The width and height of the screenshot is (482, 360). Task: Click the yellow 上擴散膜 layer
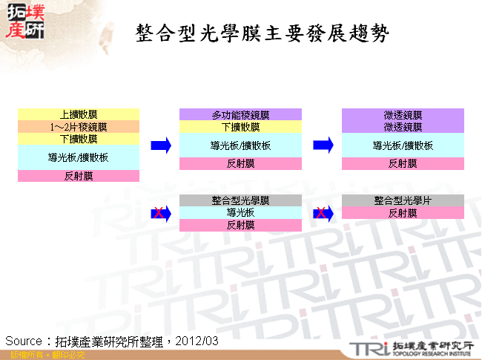(x=79, y=114)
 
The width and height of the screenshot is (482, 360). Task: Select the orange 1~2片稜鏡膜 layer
(x=79, y=127)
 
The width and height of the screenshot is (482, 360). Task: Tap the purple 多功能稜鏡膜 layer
(x=240, y=114)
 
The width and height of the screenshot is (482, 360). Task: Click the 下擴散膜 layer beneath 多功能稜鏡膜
(x=240, y=127)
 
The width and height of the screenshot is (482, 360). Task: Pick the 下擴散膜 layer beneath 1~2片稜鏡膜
(x=79, y=139)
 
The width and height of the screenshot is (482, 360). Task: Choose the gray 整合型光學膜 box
(x=240, y=200)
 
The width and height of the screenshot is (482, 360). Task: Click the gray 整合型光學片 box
(x=403, y=200)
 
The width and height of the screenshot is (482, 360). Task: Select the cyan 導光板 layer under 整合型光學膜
(x=240, y=213)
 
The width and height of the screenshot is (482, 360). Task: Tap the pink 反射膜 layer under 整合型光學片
(x=403, y=213)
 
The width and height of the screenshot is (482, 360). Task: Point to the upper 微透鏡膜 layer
(x=403, y=114)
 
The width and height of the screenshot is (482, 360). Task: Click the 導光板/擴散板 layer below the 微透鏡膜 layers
(x=403, y=145)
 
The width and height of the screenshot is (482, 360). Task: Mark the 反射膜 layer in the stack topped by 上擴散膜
(x=79, y=176)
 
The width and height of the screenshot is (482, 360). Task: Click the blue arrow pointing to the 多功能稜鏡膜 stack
(x=161, y=145)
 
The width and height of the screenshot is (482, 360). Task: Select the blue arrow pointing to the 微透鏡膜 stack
(x=323, y=145)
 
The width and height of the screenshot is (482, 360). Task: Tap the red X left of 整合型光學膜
(x=158, y=214)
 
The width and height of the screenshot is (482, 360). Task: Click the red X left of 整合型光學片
(x=320, y=214)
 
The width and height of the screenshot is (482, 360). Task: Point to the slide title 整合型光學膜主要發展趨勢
(x=263, y=34)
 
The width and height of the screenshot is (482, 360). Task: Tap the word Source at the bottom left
(x=22, y=341)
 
